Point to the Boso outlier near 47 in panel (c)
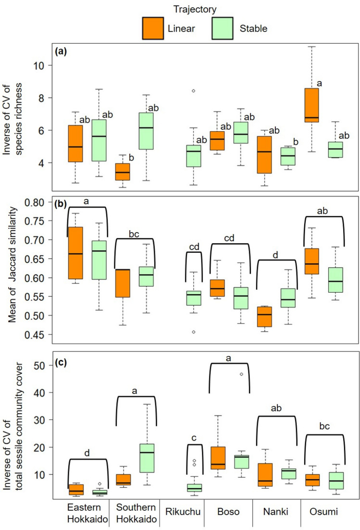[241, 374]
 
